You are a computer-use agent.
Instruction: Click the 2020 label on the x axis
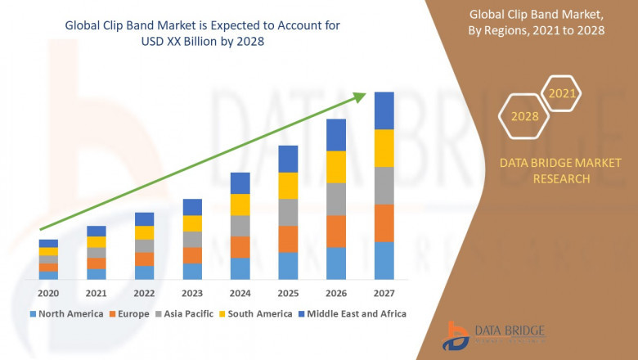coord(48,292)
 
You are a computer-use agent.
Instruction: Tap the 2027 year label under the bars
coord(384,292)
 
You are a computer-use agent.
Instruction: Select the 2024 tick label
coord(240,292)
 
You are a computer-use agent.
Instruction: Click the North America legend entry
coord(67,313)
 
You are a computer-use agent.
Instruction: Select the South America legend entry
coord(257,313)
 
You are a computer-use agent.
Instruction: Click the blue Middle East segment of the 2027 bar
coord(384,110)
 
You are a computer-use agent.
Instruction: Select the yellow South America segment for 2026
coord(336,167)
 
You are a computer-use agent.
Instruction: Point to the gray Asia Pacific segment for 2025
coord(288,212)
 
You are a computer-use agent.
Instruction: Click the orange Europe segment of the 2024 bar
coord(240,247)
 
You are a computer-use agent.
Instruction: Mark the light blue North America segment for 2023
coord(192,271)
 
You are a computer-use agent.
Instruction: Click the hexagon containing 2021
coord(562,94)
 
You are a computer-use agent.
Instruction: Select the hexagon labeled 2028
coord(525,116)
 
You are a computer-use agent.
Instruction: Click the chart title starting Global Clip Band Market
coord(202,34)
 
